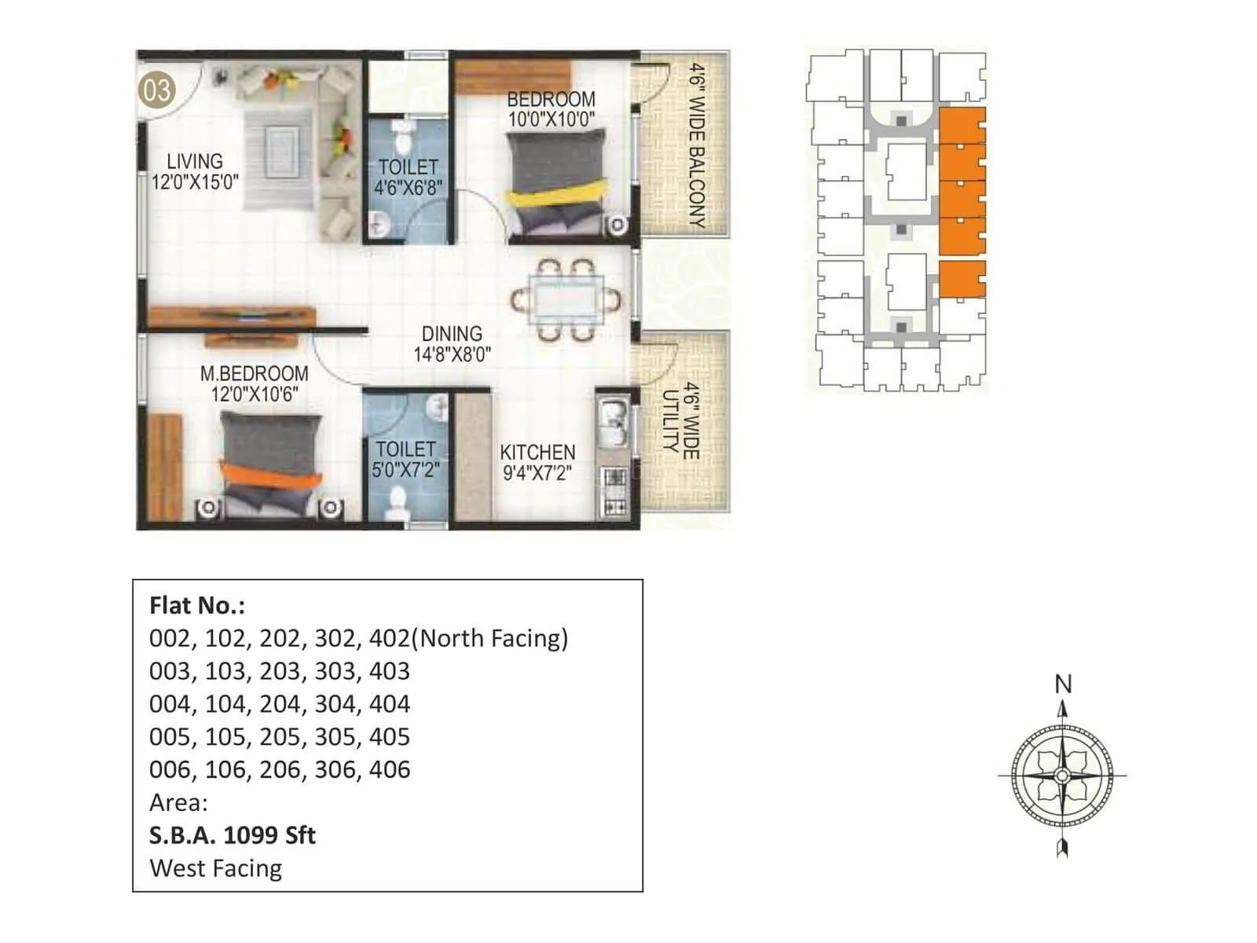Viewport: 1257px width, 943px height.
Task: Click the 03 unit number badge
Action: point(156,90)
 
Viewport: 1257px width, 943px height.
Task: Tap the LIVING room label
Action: point(195,161)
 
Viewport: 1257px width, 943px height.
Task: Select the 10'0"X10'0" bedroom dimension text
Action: point(551,119)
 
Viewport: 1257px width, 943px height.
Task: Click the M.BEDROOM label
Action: point(253,374)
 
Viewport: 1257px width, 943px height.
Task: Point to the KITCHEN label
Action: point(537,453)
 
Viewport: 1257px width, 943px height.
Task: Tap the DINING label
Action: point(452,334)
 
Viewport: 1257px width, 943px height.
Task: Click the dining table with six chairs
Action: point(566,299)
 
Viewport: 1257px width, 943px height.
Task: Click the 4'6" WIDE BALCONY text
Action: point(696,145)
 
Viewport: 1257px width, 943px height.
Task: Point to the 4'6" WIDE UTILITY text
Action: point(680,421)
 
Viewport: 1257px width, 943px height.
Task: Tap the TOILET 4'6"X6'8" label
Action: point(408,178)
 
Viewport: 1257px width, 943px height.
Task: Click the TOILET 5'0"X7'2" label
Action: point(405,459)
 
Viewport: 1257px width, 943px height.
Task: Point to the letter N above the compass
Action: point(1062,684)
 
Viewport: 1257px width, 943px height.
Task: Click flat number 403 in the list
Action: point(390,671)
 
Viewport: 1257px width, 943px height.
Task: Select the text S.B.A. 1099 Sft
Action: point(232,835)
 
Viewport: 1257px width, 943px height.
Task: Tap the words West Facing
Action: point(215,868)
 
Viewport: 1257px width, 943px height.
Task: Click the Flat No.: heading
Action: point(196,606)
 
